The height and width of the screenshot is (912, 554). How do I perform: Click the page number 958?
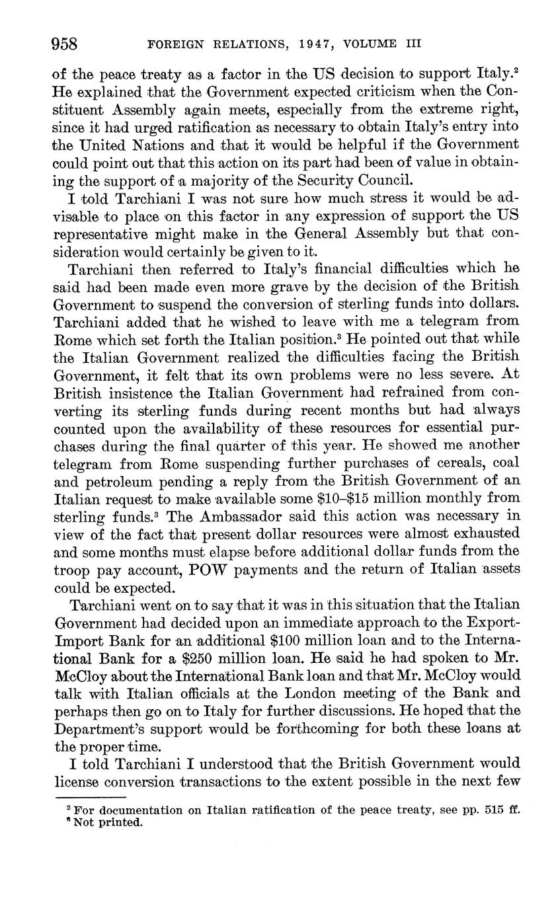click(65, 44)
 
